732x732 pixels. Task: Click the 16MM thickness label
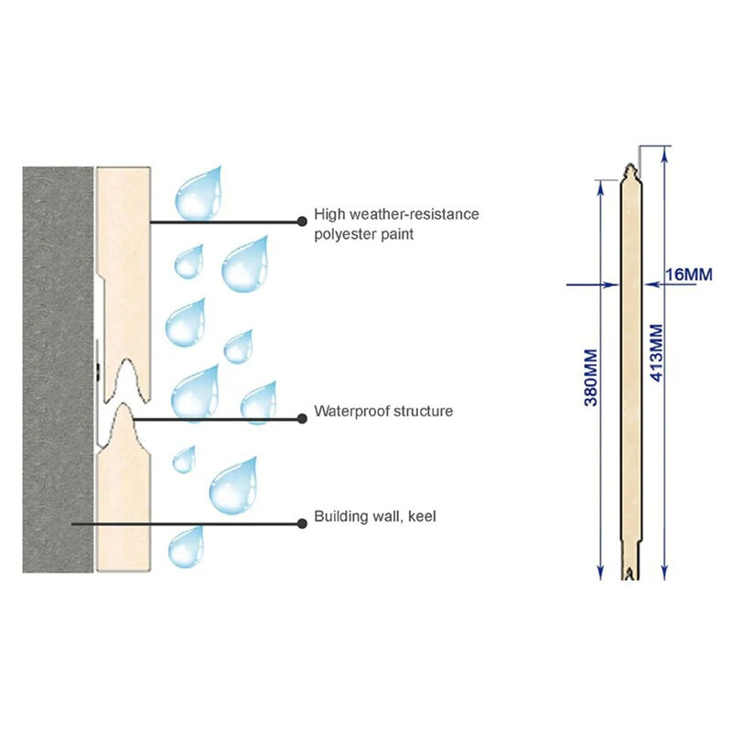pos(689,274)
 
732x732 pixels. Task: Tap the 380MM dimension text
pos(591,378)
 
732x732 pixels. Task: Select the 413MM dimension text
pos(656,353)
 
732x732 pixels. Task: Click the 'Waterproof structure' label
pos(383,411)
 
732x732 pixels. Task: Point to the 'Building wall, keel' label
pos(375,516)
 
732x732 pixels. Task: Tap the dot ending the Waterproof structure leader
pos(302,419)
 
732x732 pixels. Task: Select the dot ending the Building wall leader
pos(302,523)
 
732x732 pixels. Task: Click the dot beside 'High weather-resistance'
pos(302,221)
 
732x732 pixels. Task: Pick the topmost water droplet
pos(199,195)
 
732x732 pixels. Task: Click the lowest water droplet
pos(186,547)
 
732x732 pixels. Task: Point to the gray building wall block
pos(58,370)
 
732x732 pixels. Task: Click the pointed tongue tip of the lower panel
pos(124,404)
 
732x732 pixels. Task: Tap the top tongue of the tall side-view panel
pos(630,171)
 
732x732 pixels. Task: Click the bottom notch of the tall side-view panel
pos(630,574)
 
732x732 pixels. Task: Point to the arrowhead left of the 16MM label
pos(651,284)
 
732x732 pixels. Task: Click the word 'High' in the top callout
pos(330,214)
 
